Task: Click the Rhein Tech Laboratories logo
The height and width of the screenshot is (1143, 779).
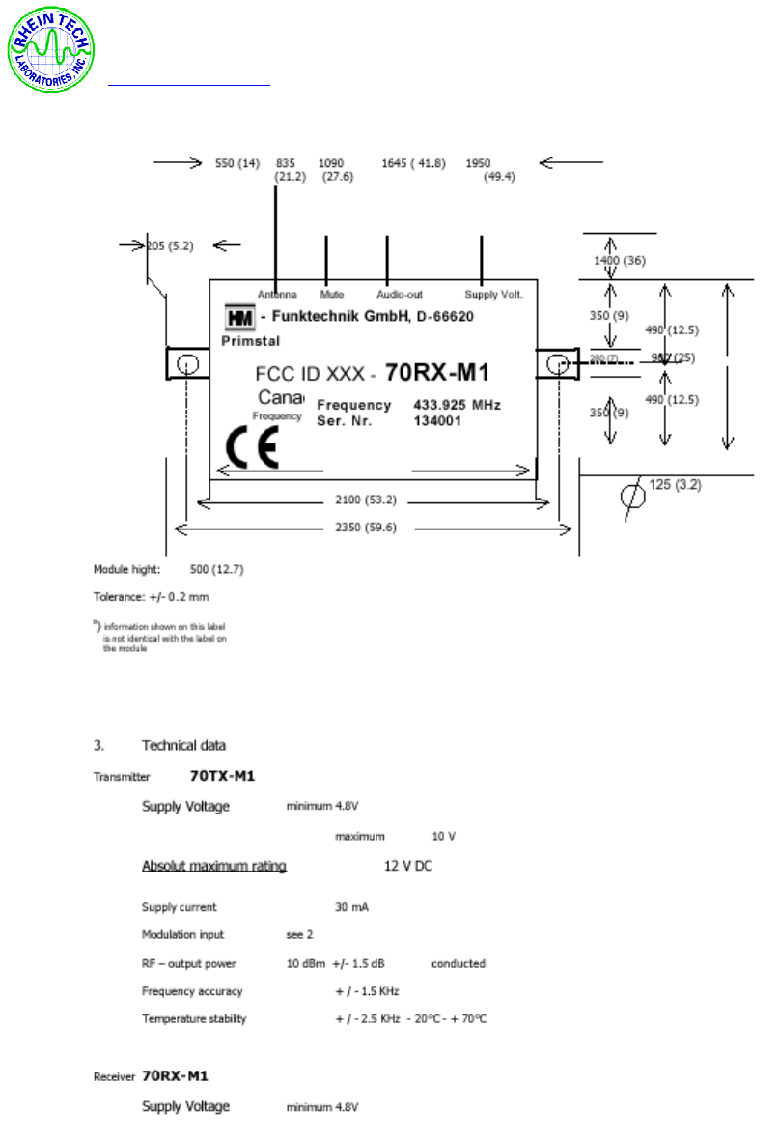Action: point(52,51)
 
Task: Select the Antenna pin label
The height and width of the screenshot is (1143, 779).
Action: point(277,293)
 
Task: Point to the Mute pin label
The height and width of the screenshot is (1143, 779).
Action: point(331,293)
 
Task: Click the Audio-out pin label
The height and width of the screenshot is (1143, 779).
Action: point(400,293)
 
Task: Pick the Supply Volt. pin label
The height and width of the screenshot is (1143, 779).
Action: point(494,293)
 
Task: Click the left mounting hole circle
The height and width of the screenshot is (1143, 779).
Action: point(188,365)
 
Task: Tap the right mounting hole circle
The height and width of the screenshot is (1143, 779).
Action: point(556,364)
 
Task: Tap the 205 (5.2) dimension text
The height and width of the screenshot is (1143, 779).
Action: point(170,245)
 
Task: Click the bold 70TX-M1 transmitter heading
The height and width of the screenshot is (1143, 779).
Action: point(222,775)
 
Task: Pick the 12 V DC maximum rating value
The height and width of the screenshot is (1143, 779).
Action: point(408,866)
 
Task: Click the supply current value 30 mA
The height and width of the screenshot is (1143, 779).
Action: point(351,907)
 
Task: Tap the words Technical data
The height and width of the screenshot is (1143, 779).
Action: point(183,745)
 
